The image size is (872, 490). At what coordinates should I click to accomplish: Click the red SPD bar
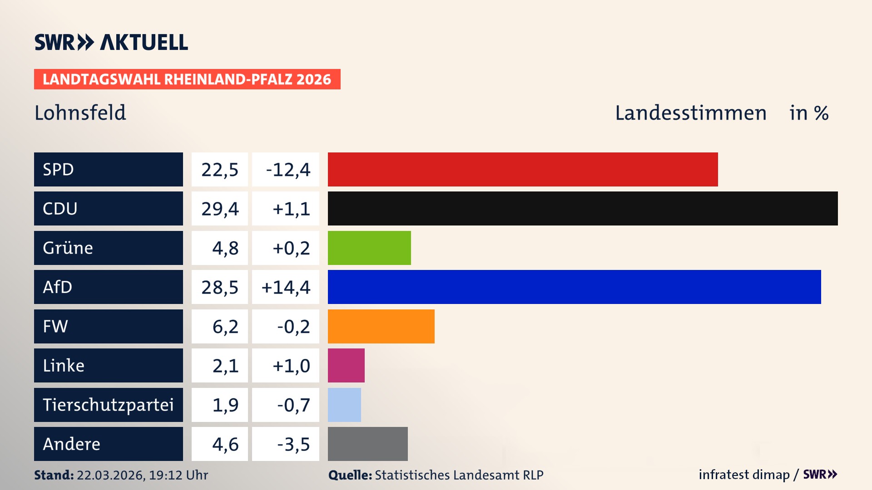(522, 169)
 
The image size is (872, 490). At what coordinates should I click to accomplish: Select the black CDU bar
(582, 209)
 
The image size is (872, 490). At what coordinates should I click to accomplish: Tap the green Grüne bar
(369, 248)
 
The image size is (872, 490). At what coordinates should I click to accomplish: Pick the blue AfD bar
(574, 287)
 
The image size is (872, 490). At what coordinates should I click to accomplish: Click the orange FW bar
(381, 326)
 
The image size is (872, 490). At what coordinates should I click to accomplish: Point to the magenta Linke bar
(346, 365)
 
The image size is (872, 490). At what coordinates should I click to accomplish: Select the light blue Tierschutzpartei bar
(344, 405)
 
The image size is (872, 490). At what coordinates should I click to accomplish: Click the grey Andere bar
(367, 444)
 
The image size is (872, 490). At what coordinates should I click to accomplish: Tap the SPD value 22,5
(220, 170)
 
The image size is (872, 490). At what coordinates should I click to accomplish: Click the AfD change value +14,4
(286, 287)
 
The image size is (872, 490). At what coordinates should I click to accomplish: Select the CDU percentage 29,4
(220, 209)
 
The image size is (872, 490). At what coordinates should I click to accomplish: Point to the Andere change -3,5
(293, 444)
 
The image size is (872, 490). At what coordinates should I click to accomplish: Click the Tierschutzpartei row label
(108, 405)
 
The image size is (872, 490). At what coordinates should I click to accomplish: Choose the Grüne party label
(68, 248)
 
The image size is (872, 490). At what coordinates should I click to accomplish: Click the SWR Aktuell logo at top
(111, 42)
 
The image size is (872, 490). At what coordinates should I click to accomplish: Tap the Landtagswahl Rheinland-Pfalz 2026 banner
(187, 79)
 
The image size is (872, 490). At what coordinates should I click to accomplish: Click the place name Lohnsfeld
(80, 113)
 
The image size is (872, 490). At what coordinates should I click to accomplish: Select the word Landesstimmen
(690, 113)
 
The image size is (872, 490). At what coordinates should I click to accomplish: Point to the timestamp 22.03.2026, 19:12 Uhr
(142, 475)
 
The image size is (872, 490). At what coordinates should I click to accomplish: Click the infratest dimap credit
(743, 475)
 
